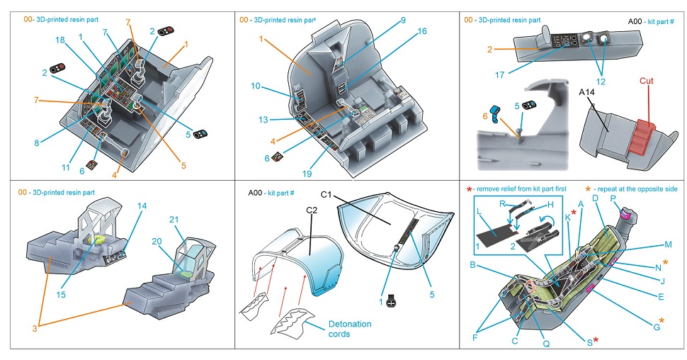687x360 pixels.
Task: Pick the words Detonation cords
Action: [x=348, y=329]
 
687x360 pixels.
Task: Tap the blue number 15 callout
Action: [x=62, y=293]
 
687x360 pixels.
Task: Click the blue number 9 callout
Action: [x=403, y=21]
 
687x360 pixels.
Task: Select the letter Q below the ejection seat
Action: [x=546, y=344]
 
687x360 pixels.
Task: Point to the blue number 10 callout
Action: [x=255, y=86]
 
